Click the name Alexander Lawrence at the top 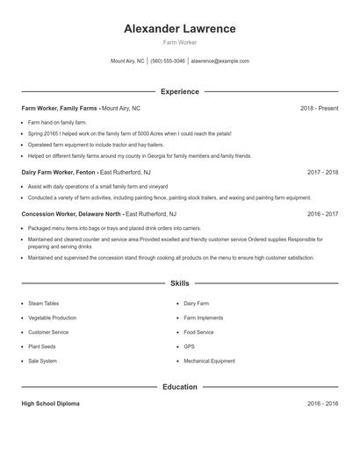tap(180, 28)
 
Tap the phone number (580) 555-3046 tap(168, 61)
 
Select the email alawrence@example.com tap(220, 61)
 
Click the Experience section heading tap(180, 91)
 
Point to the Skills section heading tap(180, 283)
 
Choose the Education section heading tap(180, 386)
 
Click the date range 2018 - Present tap(319, 108)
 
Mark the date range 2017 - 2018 tap(322, 172)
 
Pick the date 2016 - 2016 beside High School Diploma tap(322, 404)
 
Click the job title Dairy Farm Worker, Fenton tap(59, 172)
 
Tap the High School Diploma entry tap(50, 404)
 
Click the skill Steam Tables tap(44, 304)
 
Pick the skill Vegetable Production tap(52, 318)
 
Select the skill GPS tap(189, 347)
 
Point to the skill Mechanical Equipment tap(209, 361)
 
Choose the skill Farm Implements tap(204, 318)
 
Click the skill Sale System tap(42, 361)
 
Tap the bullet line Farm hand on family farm tap(57, 122)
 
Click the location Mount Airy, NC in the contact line tap(127, 61)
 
